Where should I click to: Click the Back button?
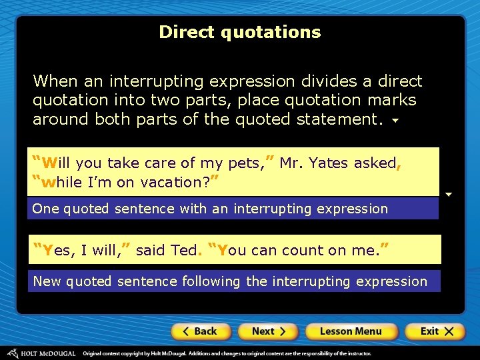(201, 331)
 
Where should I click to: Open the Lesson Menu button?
(351, 331)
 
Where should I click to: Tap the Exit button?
(435, 331)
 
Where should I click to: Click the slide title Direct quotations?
(240, 32)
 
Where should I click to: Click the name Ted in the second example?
(184, 251)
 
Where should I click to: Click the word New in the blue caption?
(47, 281)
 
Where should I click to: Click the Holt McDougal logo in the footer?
(40, 353)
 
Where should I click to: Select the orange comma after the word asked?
(398, 165)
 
